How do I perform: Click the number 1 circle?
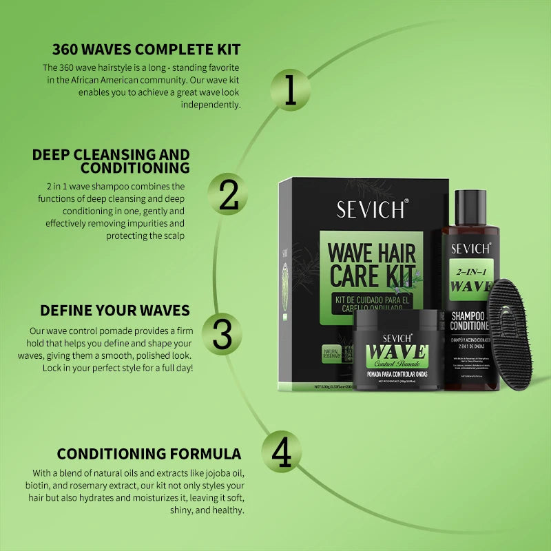290,90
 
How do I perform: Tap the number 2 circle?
228,195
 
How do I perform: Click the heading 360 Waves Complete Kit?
147,50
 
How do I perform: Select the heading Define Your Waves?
115,310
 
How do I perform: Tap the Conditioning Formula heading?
149,454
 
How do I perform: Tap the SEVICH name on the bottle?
470,248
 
